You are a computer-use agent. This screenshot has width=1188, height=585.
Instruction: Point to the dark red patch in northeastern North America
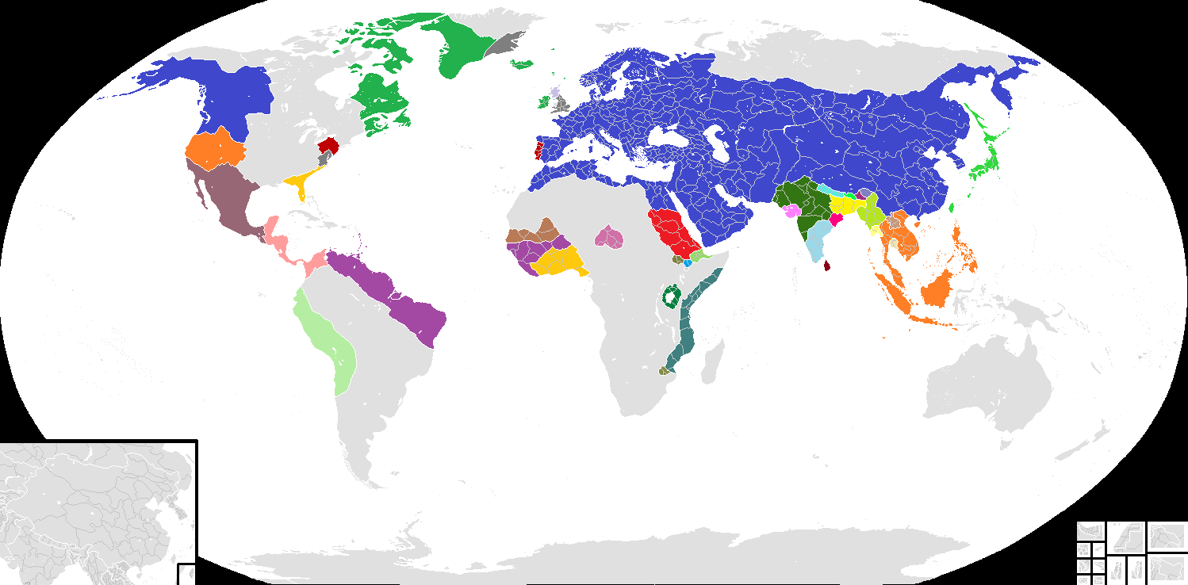tap(329, 144)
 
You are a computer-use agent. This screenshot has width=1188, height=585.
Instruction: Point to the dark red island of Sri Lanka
tap(827, 265)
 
